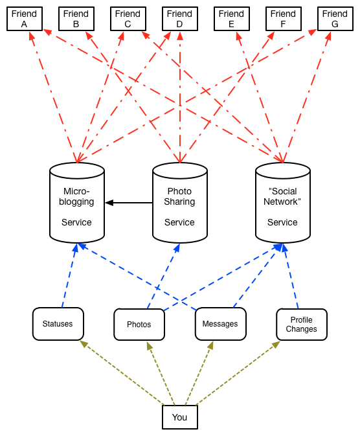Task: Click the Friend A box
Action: [x=25, y=19]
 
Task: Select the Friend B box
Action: [x=76, y=19]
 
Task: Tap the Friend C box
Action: [x=128, y=19]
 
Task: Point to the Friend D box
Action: [x=180, y=19]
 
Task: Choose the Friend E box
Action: [x=232, y=19]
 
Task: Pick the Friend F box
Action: [x=284, y=19]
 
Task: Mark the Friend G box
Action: [x=335, y=19]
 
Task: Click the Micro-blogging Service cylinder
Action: [x=77, y=203]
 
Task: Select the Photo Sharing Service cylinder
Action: [x=180, y=203]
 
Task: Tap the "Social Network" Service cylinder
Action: [x=283, y=203]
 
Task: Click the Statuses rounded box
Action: [x=58, y=324]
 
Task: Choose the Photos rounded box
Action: [x=139, y=324]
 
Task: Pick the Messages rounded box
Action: [x=220, y=324]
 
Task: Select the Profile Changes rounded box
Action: [x=302, y=324]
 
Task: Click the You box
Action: [x=180, y=417]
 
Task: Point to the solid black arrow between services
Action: [x=129, y=203]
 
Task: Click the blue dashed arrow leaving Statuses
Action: [x=69, y=276]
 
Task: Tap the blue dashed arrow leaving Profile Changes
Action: [x=291, y=276]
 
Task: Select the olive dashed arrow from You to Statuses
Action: [x=122, y=373]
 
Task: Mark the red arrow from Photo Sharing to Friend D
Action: [x=180, y=98]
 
